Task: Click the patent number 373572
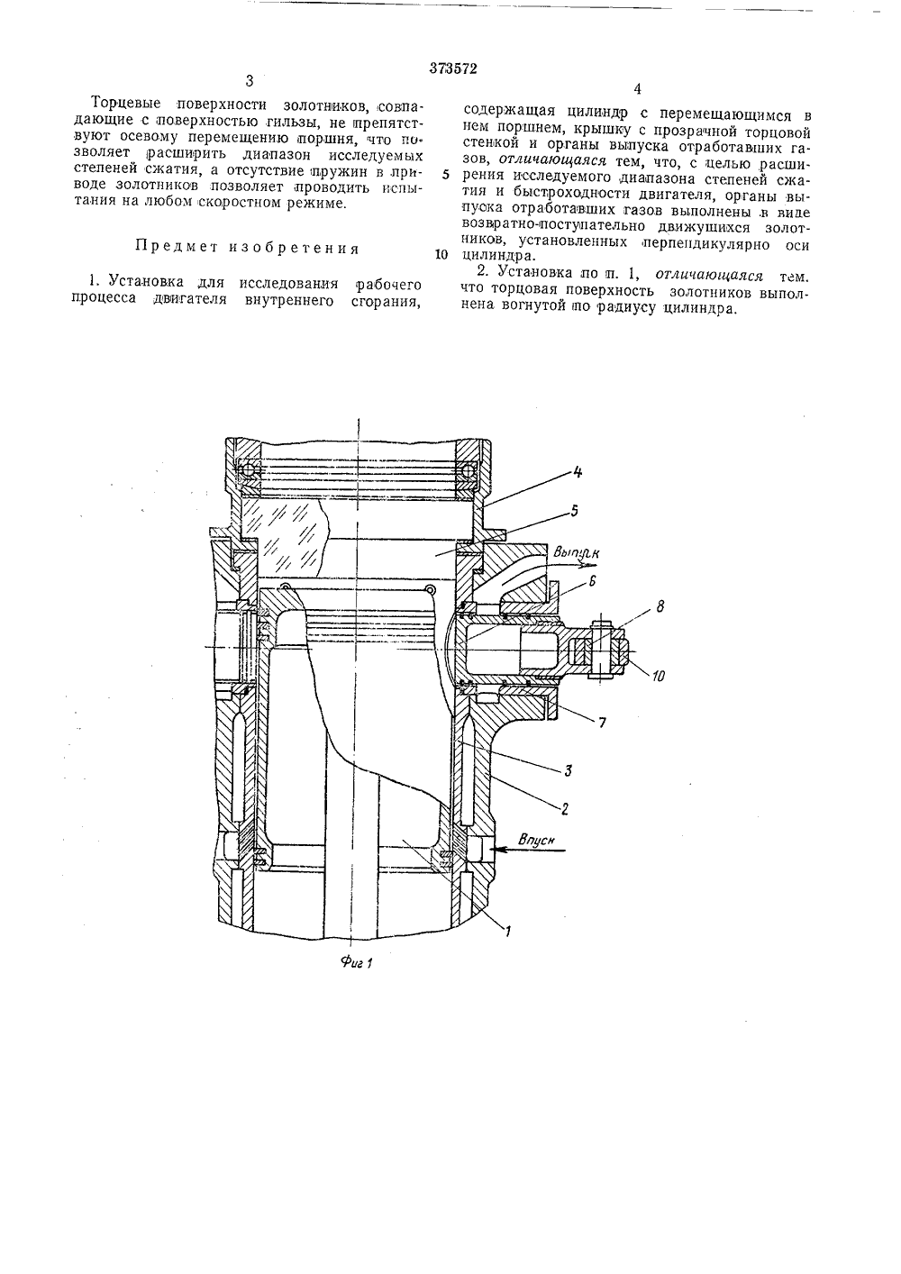pos(453,68)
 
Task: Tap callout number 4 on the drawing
pos(578,471)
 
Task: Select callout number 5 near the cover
pos(574,510)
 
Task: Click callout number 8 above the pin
pos(660,606)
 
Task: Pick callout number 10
pos(657,677)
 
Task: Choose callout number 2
pos(564,809)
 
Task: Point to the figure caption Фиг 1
pos(356,962)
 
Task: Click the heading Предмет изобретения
pos(248,249)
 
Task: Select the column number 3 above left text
pos(250,81)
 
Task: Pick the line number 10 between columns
pos(441,254)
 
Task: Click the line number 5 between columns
pos(445,175)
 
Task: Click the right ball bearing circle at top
pos(469,471)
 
